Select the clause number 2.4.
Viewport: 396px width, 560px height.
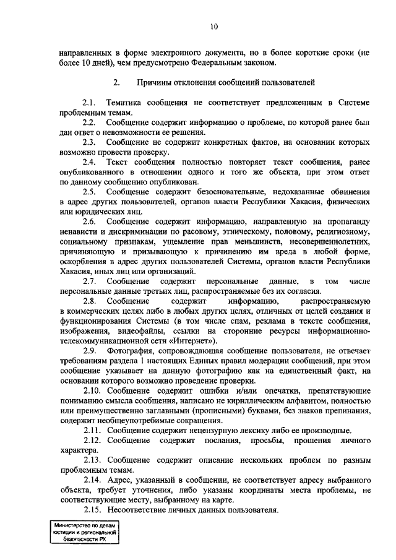pyautogui.click(x=90, y=162)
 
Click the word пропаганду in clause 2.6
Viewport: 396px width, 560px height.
pyautogui.click(x=346, y=221)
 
